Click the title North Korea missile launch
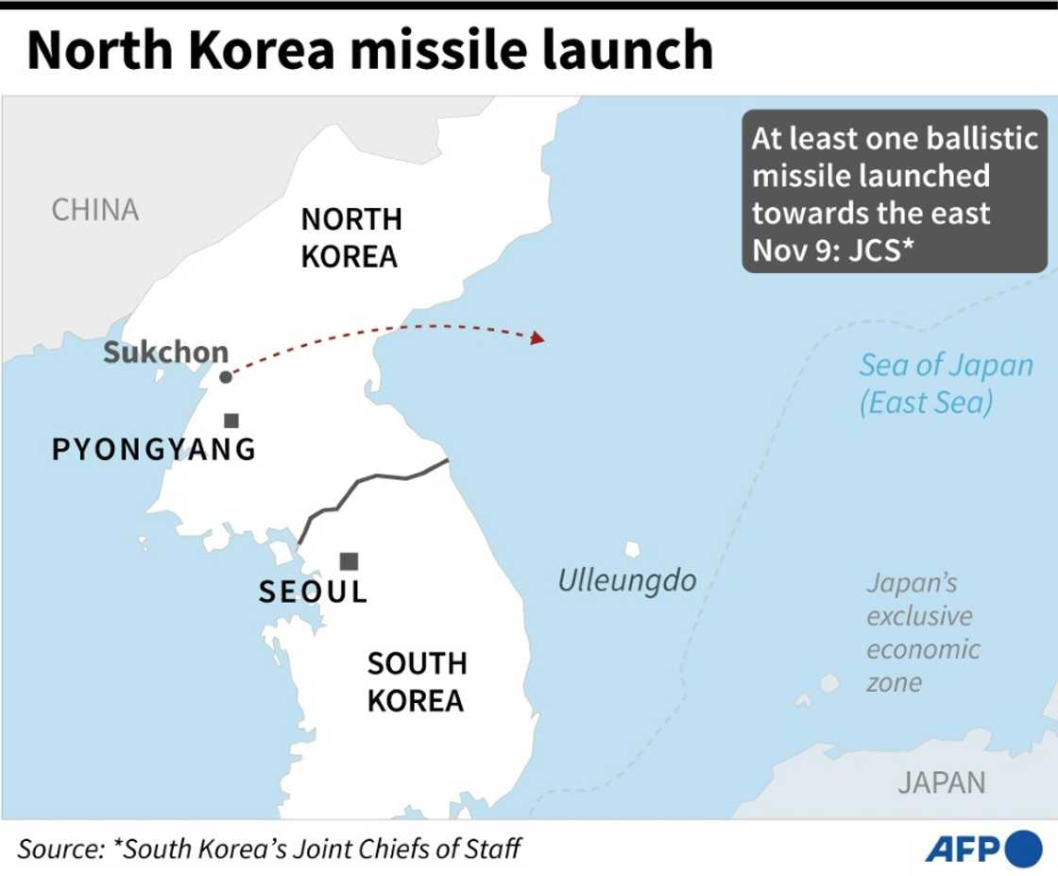pyautogui.click(x=369, y=50)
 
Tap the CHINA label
pyautogui.click(x=94, y=209)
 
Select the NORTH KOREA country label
pyautogui.click(x=351, y=238)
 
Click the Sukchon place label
pyautogui.click(x=165, y=352)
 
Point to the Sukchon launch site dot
pyautogui.click(x=225, y=377)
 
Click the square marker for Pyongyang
pyautogui.click(x=231, y=421)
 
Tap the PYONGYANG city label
pyautogui.click(x=154, y=450)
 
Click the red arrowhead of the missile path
pyautogui.click(x=538, y=337)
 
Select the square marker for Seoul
pyautogui.click(x=349, y=561)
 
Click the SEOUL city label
pyautogui.click(x=313, y=593)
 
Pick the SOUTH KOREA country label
pyautogui.click(x=416, y=682)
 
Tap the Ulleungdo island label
pyautogui.click(x=626, y=580)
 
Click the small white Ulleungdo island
pyautogui.click(x=632, y=549)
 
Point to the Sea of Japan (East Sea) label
pyautogui.click(x=945, y=384)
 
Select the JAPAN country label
pyautogui.click(x=941, y=782)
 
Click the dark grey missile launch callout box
pyautogui.click(x=894, y=192)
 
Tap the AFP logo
pyautogui.click(x=982, y=849)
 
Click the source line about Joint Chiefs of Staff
pyautogui.click(x=269, y=848)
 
